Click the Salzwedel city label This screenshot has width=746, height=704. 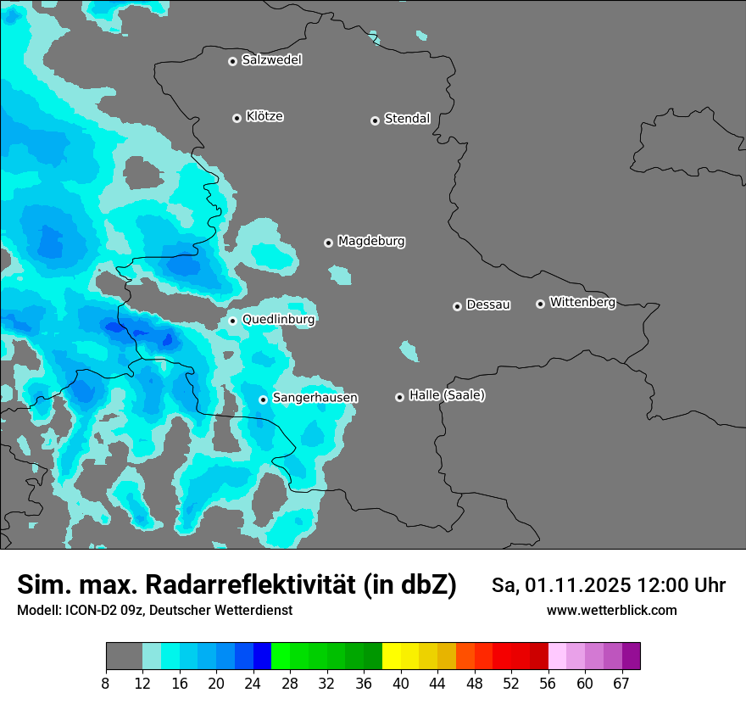pos(271,60)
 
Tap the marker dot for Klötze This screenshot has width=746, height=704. pos(237,118)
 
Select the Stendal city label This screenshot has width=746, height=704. pos(407,119)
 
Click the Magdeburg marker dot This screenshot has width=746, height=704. pos(329,243)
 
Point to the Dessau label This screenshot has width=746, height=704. pos(488,305)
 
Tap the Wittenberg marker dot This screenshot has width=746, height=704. pos(540,304)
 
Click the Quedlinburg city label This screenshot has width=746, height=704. pos(278,320)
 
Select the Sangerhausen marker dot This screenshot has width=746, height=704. pos(264,399)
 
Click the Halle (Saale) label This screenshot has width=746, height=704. pos(447,395)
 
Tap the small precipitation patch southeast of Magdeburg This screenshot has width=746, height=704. pos(340,275)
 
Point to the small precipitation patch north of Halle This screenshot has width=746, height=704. pos(409,350)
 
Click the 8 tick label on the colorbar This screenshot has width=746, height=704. pos(106,683)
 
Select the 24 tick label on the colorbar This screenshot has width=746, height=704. pos(253,683)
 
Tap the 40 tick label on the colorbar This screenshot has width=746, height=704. pos(400,683)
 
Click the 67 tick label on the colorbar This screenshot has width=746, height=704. pos(622,683)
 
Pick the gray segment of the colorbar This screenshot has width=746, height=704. pos(124,656)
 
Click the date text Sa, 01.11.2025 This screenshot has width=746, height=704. pos(559,585)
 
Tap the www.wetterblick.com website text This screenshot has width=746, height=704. pos(611,611)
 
